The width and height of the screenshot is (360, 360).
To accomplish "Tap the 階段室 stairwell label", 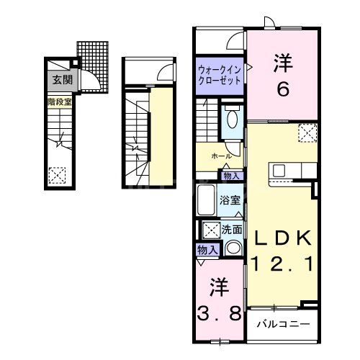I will click(60, 103).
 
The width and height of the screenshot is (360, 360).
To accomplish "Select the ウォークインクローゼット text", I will click(219, 74).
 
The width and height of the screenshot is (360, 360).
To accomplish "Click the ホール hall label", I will click(221, 156).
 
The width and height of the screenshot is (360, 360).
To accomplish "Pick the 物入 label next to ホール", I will click(231, 175).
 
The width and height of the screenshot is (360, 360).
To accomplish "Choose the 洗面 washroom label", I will click(232, 230).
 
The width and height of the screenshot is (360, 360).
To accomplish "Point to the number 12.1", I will click(282, 264).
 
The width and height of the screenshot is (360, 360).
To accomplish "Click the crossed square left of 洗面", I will click(212, 230).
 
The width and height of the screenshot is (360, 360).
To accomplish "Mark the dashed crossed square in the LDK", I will click(307, 134).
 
